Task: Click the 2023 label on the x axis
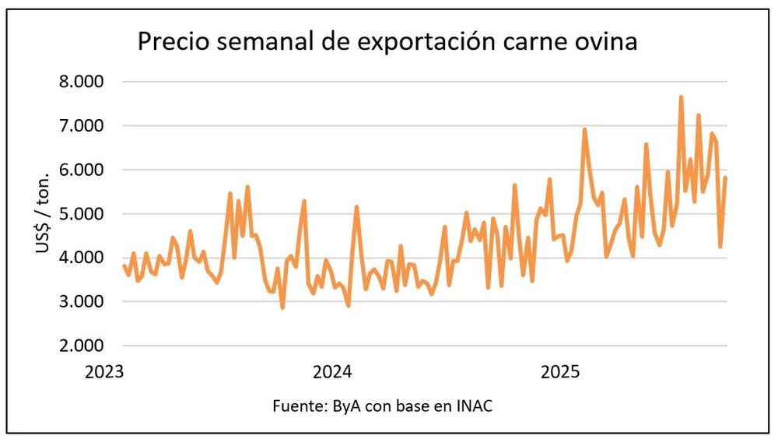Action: pos(106,371)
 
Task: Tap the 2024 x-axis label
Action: pos(333,371)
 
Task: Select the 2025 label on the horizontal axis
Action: pos(561,371)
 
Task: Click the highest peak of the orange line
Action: pos(681,97)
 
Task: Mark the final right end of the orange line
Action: pos(726,177)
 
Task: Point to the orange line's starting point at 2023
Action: pos(124,266)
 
